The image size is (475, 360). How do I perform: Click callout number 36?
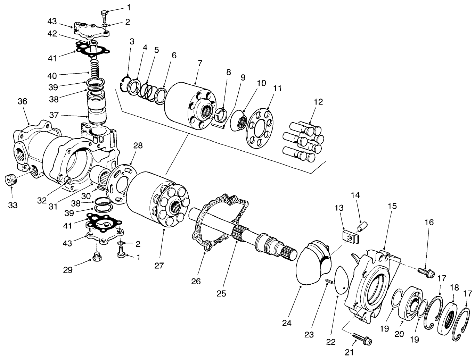coord(22,101)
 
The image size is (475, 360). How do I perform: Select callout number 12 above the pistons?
coord(318,102)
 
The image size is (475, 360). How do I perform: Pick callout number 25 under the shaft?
coord(221,293)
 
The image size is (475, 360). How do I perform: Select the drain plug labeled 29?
coord(97,257)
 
